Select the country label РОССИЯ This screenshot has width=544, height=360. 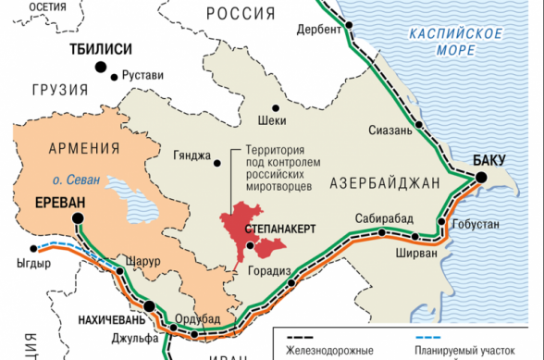[x=241, y=12]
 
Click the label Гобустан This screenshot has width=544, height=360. [x=478, y=225]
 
